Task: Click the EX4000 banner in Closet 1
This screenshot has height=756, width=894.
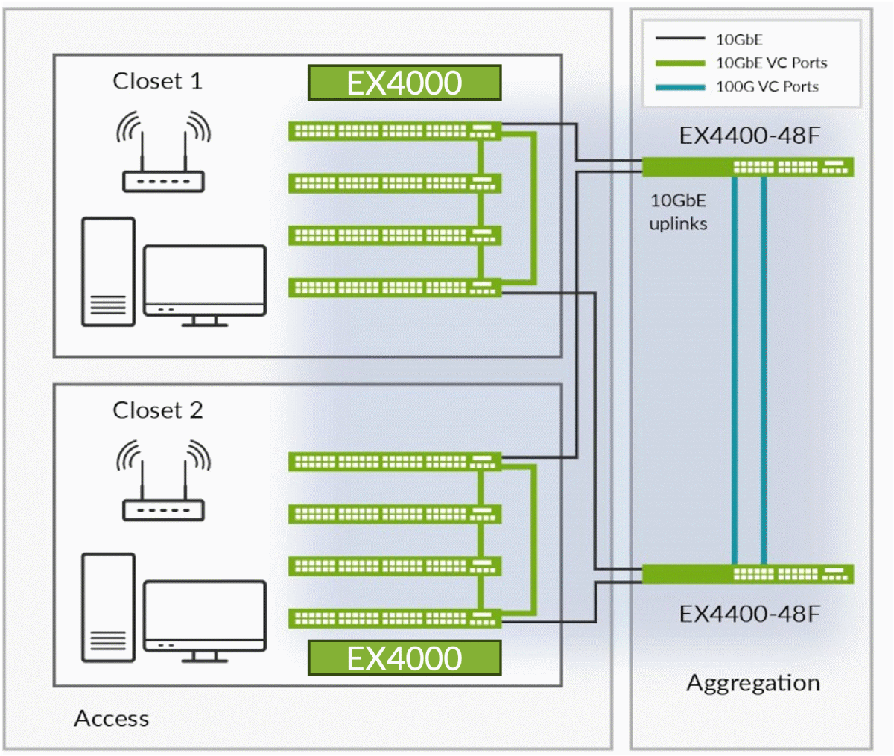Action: pos(404,83)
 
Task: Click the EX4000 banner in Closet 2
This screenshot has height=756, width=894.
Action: pos(404,658)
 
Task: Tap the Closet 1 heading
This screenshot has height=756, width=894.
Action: pos(157,80)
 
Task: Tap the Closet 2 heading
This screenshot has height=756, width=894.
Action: pos(157,410)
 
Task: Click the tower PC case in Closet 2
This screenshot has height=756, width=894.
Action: pos(108,607)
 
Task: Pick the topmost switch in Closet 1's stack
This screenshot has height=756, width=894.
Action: pos(394,131)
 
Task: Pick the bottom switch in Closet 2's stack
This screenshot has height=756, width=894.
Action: pos(394,618)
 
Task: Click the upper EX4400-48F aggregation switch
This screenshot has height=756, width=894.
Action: pos(747,166)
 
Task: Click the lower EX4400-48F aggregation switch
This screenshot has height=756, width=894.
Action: pos(747,574)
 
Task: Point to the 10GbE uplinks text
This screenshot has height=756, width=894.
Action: pos(678,212)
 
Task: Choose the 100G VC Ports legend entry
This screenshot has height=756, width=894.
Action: pos(767,87)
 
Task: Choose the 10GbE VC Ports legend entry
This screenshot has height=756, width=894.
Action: pos(771,63)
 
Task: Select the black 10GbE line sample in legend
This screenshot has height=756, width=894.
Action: pos(679,39)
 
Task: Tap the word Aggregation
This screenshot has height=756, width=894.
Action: pos(752,683)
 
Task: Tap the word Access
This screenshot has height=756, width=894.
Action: pos(112,719)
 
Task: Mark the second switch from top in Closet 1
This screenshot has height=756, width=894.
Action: pos(394,183)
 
